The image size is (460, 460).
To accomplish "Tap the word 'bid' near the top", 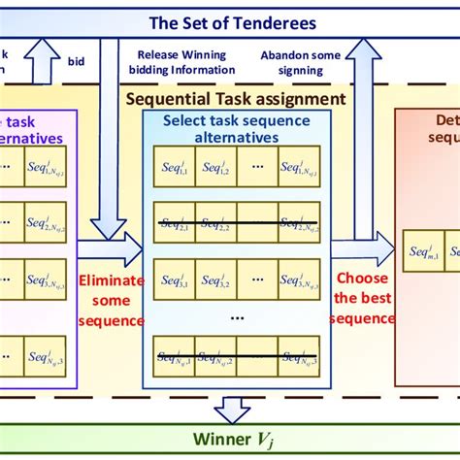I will [x=76, y=60].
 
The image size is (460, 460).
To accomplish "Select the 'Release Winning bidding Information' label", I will [x=186, y=62].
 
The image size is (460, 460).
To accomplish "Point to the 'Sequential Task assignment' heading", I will [x=236, y=98].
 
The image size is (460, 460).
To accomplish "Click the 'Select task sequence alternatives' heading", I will [x=236, y=130].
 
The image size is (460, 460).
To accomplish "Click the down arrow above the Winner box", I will [x=232, y=410].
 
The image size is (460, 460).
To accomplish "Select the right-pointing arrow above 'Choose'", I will [x=361, y=249].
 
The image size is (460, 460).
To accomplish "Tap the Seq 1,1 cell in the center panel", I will [x=174, y=166].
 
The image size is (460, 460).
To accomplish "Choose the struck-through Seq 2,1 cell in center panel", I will [x=174, y=225].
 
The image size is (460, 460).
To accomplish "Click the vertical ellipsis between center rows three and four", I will [x=236, y=317].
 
